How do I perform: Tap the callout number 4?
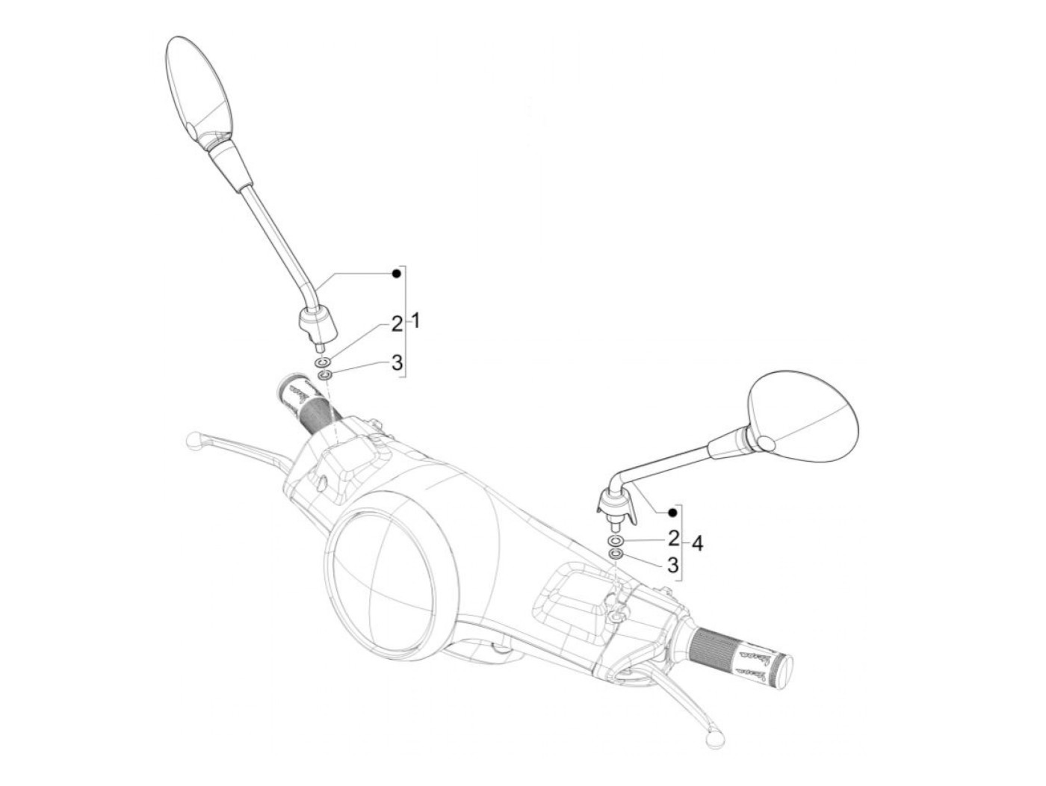[x=696, y=543]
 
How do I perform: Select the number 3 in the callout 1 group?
[x=397, y=363]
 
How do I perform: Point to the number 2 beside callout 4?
[x=673, y=538]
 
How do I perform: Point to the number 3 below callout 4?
[x=673, y=564]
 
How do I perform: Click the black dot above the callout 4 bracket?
[x=672, y=513]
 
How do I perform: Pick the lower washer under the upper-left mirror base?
[x=325, y=374]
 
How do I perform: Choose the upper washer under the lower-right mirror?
[x=616, y=539]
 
